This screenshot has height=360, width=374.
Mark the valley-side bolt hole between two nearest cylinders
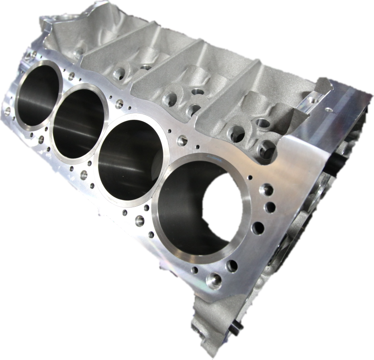pyautogui.click(x=182, y=140)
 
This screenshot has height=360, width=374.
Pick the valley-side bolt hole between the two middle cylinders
pyautogui.click(x=119, y=104)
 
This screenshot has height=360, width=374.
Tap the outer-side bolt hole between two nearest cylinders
pyautogui.click(x=139, y=220)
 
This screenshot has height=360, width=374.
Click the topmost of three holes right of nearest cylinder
pyautogui.click(x=266, y=190)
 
